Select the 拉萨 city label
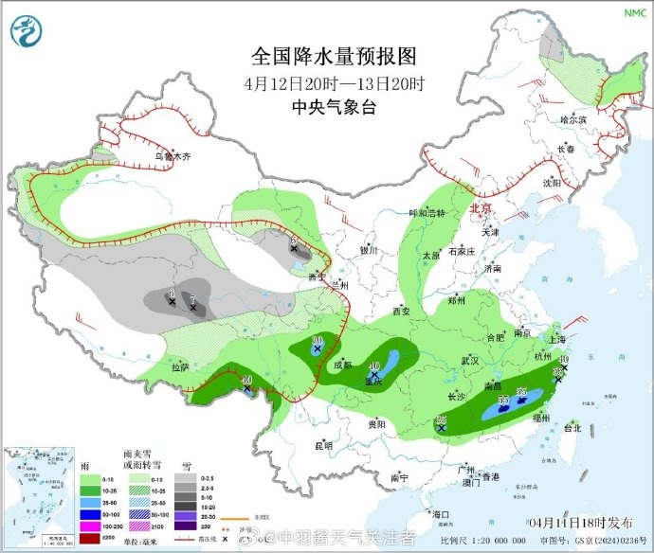[180, 366]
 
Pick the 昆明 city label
[323, 444]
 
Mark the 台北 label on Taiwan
[572, 428]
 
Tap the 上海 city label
[557, 339]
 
